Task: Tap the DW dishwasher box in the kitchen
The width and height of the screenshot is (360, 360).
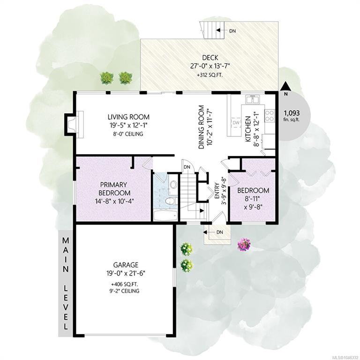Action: point(236,123)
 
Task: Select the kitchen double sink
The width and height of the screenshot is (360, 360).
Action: point(253,99)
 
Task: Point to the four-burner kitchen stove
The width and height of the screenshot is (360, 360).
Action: point(270,115)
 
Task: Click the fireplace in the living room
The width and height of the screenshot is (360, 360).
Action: point(74,124)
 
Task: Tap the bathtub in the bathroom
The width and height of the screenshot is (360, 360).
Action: point(165,215)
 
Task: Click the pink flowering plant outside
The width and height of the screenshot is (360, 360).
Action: point(244,244)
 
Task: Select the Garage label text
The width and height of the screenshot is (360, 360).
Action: point(126,265)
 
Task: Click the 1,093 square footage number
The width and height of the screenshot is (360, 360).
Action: point(292,113)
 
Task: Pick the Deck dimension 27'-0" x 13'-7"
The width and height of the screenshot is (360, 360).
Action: point(210,66)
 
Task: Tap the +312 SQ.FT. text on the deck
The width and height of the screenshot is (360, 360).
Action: point(210,75)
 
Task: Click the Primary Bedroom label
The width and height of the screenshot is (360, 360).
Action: point(113,188)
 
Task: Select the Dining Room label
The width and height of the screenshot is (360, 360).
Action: point(202,127)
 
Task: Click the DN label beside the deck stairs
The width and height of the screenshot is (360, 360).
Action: point(232,31)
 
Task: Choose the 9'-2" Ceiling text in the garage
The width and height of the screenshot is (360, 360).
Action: point(124,291)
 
